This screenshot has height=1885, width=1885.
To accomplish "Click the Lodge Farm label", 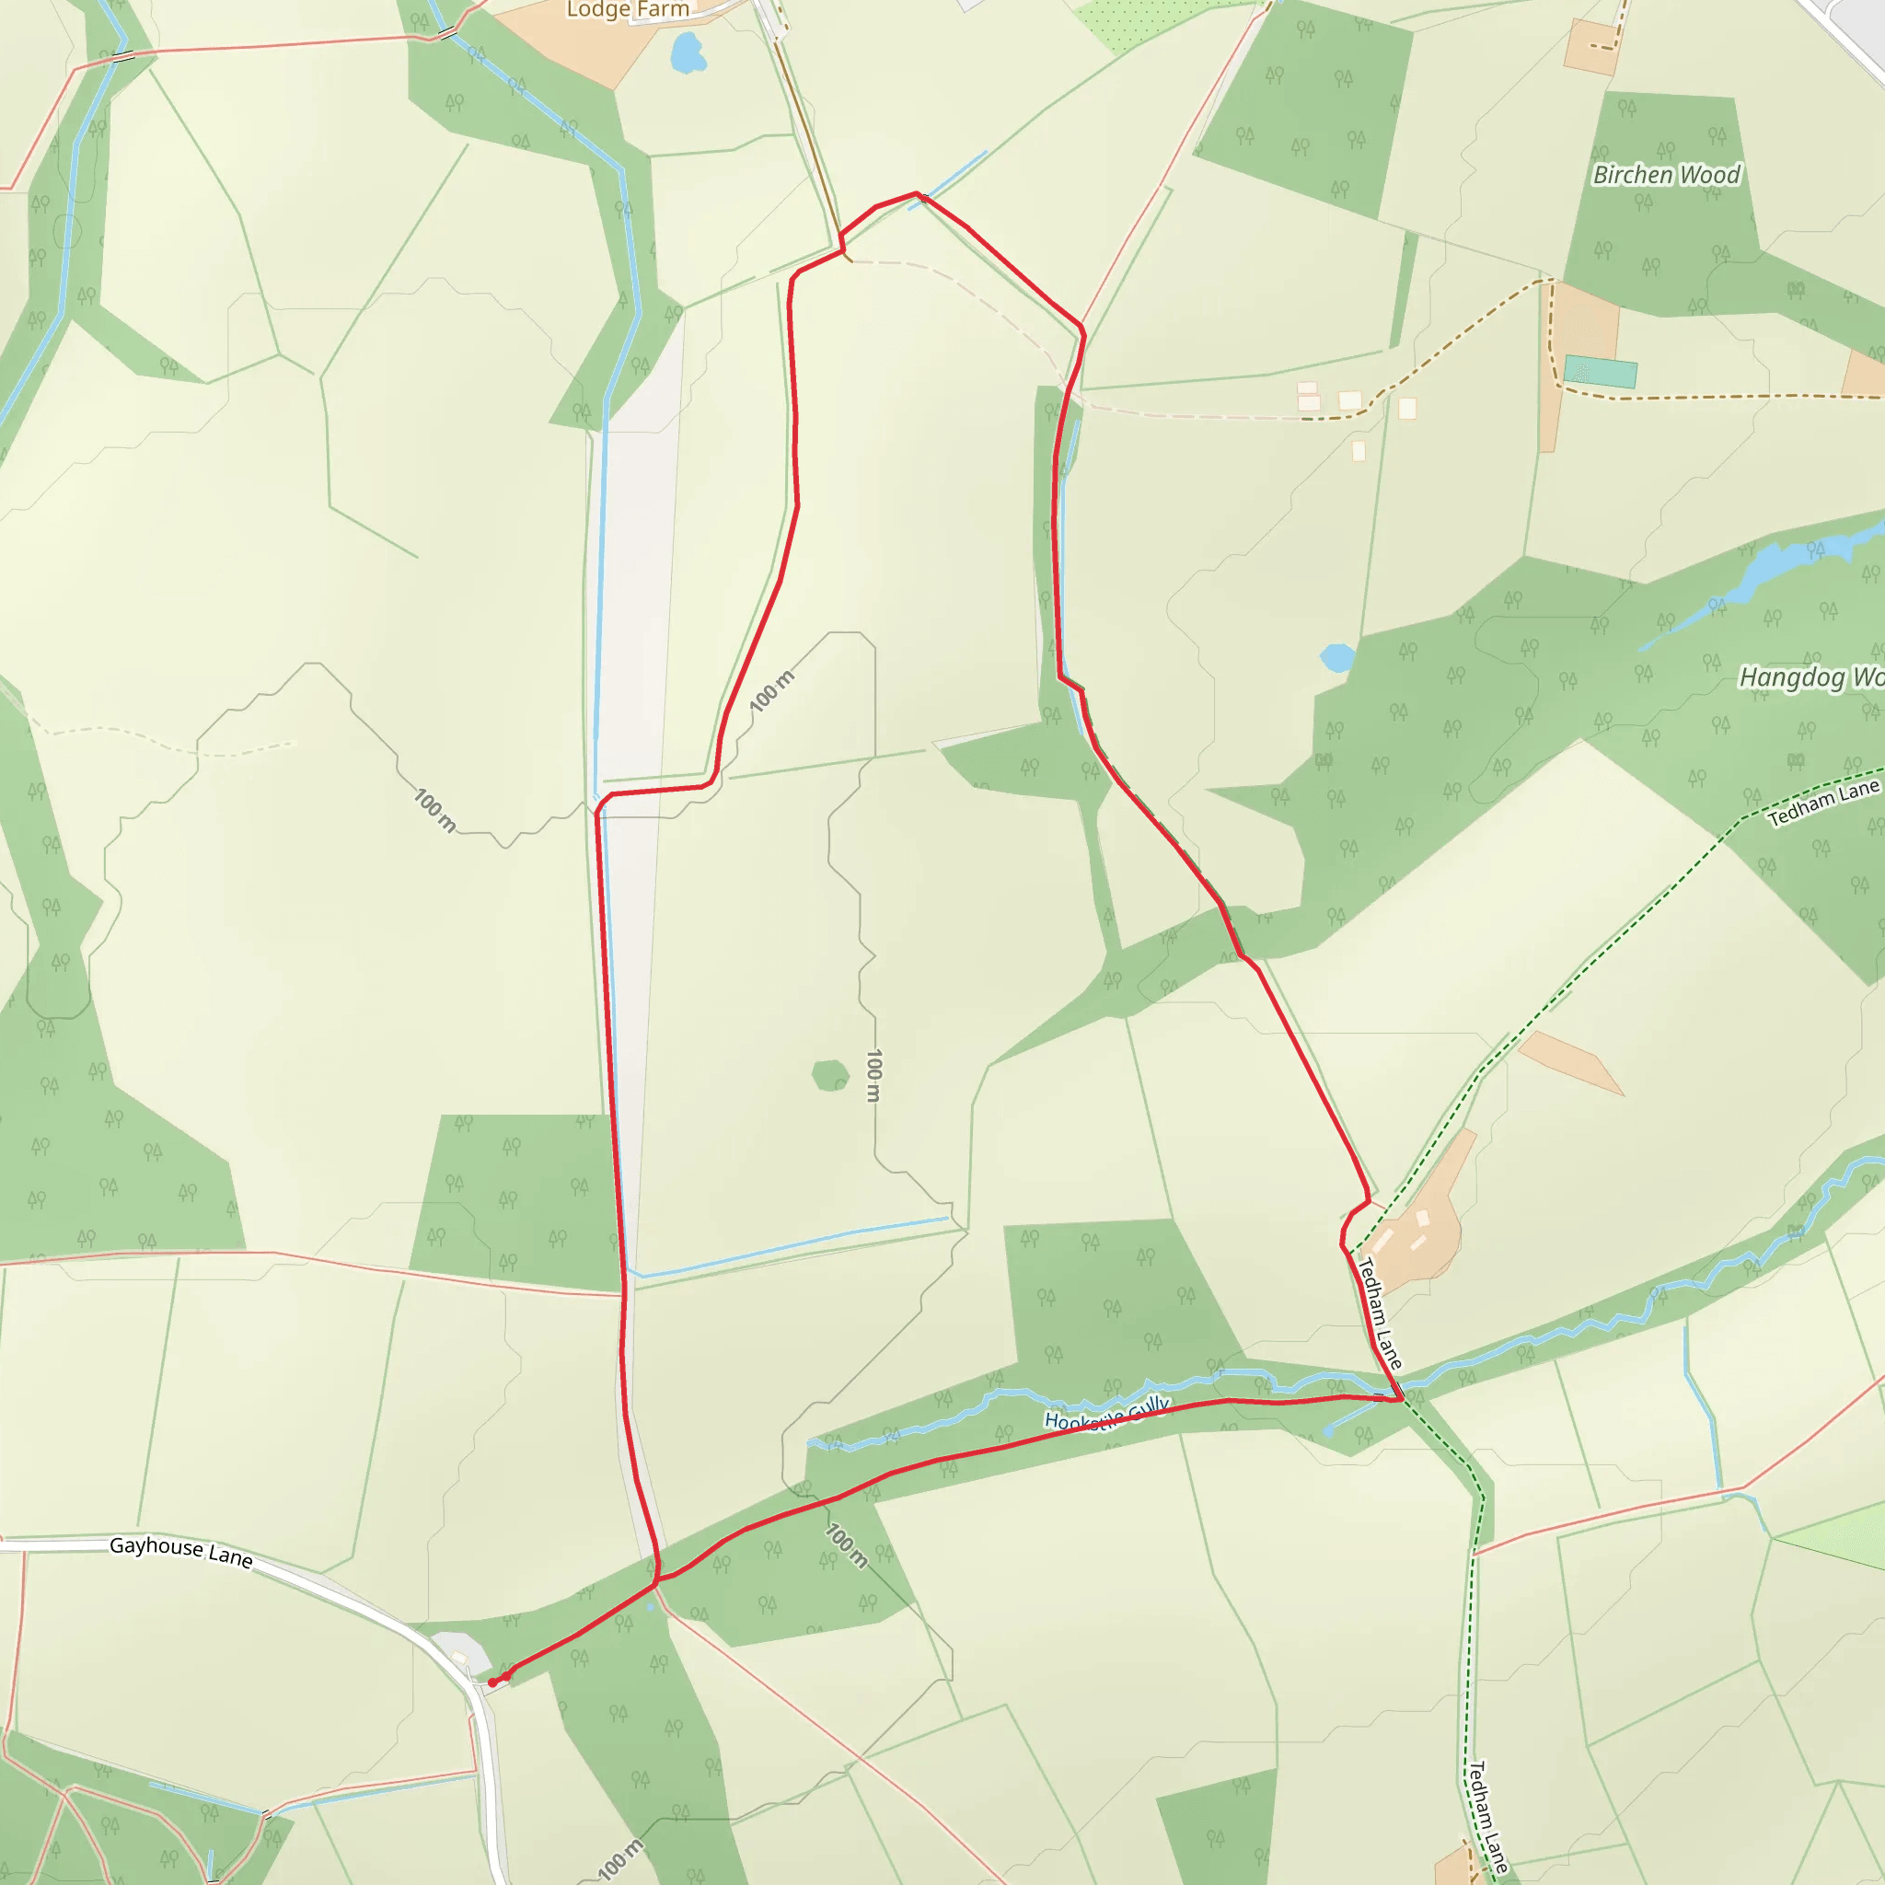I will pyautogui.click(x=628, y=10).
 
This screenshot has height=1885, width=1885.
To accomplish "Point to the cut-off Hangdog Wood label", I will pyautogui.click(x=1810, y=677).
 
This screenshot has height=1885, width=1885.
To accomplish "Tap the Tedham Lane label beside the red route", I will pyautogui.click(x=1380, y=1313).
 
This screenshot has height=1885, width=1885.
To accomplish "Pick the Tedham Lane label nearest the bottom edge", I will pyautogui.click(x=1488, y=1817).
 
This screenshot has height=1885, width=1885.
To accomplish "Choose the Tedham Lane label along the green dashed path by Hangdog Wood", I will pyautogui.click(x=1822, y=802).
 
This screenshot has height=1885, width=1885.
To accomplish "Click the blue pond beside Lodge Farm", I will pyautogui.click(x=688, y=52).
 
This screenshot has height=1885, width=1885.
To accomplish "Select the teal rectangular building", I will pyautogui.click(x=1600, y=372).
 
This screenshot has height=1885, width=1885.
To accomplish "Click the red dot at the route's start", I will pyautogui.click(x=493, y=1683).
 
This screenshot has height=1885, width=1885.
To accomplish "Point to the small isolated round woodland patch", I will pyautogui.click(x=830, y=1075).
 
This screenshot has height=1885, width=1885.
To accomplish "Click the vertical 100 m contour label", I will pyautogui.click(x=874, y=1075).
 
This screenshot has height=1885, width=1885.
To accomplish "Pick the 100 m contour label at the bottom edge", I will pyautogui.click(x=620, y=1858).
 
